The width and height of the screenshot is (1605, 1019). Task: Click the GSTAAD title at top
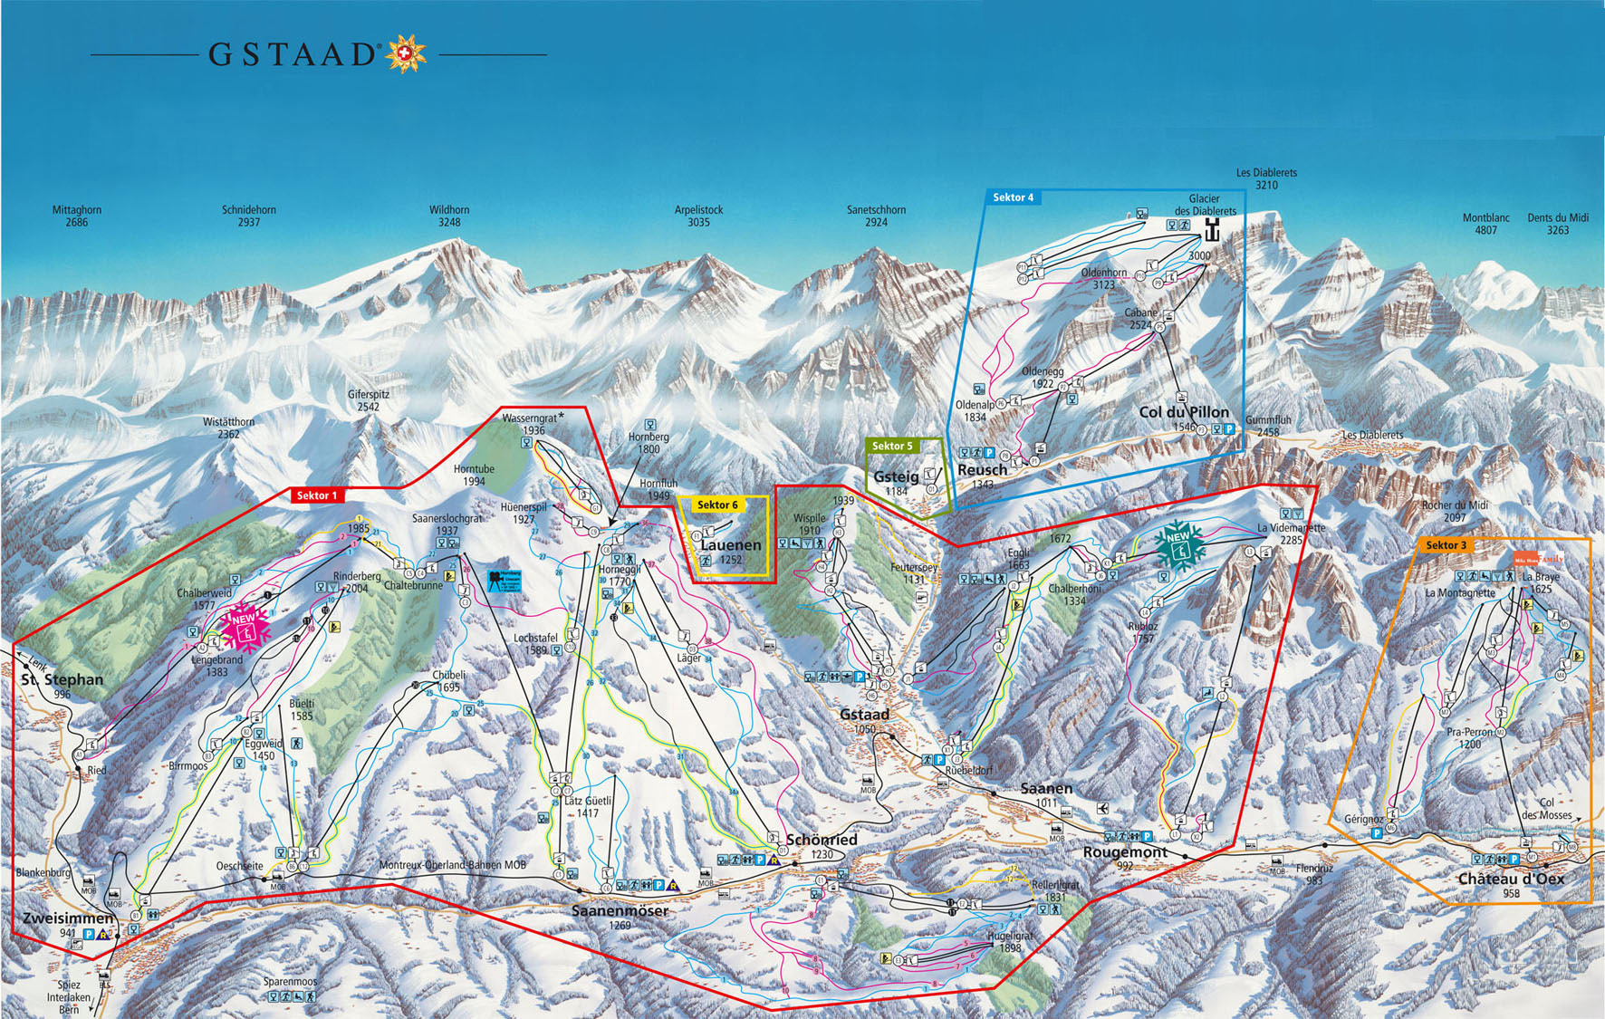(292, 54)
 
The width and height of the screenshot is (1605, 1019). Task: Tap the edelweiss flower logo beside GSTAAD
(406, 54)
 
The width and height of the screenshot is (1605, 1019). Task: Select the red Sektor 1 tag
(317, 495)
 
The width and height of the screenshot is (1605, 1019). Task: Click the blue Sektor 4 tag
(1013, 197)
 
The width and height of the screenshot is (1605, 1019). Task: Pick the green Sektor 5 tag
(892, 446)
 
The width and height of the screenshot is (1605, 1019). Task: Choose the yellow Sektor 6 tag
(717, 505)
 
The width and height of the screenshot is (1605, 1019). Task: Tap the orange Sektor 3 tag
(1446, 544)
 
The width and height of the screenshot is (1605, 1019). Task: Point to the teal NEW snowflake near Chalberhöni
(1178, 544)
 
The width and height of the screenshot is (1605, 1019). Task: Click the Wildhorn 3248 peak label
(449, 216)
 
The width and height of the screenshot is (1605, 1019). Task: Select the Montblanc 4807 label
(1485, 224)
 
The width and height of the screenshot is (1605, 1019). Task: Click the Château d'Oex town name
(1511, 878)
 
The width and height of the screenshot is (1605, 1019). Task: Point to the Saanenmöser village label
(620, 910)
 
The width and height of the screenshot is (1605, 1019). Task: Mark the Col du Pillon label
(1184, 412)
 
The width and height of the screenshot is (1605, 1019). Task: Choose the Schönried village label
(822, 840)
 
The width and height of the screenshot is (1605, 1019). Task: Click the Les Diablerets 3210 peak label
(1266, 178)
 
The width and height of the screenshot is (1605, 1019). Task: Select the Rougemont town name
(1125, 851)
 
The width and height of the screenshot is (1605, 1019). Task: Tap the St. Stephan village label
(62, 679)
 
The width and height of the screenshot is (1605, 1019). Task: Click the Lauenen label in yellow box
(730, 544)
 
